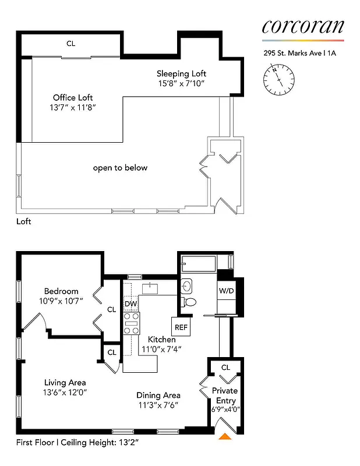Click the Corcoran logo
302,26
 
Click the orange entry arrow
224,436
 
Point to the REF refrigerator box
181,327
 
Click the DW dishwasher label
130,305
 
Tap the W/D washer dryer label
225,291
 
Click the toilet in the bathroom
189,302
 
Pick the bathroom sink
186,285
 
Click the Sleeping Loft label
181,74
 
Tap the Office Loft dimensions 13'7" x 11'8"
73,108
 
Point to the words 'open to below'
121,168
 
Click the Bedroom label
61,291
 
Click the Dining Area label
158,396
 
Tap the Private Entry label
225,396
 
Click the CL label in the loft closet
70,44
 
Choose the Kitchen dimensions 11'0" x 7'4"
162,349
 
